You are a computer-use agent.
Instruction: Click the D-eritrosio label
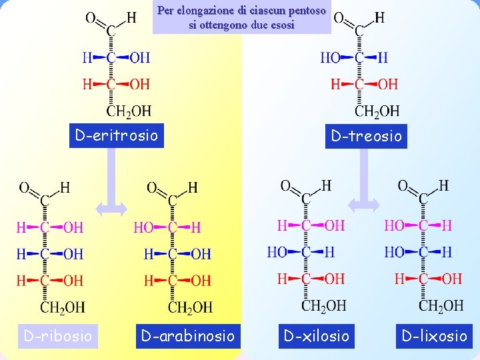[117, 136]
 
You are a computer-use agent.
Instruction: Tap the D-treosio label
[366, 136]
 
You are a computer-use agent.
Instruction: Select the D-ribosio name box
[58, 335]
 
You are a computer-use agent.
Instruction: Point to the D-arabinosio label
[187, 335]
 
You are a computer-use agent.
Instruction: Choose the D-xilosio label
[317, 335]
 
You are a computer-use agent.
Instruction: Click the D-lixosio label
[434, 335]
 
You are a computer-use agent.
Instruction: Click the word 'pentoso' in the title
[303, 11]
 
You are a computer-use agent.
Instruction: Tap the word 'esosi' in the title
[281, 25]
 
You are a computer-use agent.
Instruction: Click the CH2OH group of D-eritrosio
[129, 110]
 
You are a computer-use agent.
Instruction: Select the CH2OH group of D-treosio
[377, 110]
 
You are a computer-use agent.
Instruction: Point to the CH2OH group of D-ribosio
[63, 307]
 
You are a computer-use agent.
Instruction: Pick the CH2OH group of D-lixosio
[441, 305]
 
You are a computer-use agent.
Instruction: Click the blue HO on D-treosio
[331, 58]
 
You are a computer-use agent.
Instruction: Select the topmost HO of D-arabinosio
[143, 228]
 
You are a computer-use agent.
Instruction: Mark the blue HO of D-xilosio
[277, 252]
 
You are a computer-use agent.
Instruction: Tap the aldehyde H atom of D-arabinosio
[193, 188]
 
